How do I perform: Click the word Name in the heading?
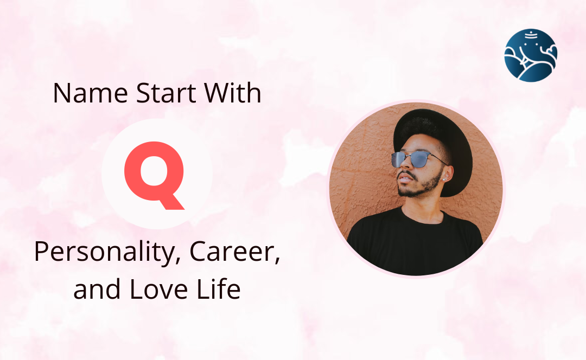tap(91, 93)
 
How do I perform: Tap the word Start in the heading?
tap(165, 93)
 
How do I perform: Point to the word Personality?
tap(104, 253)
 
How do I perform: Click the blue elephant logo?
tap(530, 55)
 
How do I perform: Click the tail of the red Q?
tap(170, 201)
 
